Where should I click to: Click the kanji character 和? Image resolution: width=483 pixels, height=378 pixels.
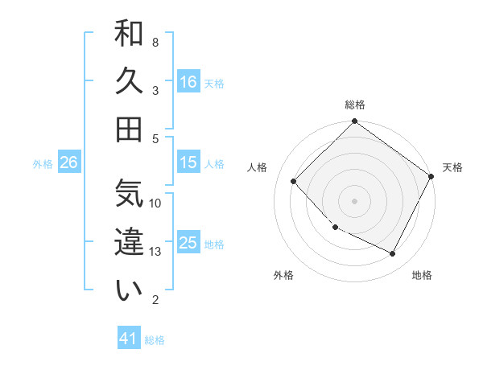pos(130,35)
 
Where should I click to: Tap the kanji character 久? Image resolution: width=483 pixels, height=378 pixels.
pos(130,82)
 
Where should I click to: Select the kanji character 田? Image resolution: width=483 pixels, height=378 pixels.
pos(130,129)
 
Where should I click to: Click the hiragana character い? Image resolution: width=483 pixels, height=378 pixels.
pos(130,290)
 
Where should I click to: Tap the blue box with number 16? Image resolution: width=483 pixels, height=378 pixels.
pos(188,81)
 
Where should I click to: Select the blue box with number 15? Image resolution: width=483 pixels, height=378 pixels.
pos(188,162)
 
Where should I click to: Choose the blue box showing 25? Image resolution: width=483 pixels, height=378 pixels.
pos(188,243)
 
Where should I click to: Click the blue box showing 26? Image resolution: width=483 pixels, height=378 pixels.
pos(68,162)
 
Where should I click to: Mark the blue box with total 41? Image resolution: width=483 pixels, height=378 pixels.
pos(129,339)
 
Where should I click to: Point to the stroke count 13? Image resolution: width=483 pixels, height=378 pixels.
pos(156,252)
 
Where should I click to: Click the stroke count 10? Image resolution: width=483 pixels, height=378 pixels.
pos(156,203)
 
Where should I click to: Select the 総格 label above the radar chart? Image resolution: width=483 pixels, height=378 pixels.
pos(354,105)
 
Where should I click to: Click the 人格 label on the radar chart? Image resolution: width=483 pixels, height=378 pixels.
pos(258,167)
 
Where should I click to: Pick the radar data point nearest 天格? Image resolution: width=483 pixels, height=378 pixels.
pos(431,176)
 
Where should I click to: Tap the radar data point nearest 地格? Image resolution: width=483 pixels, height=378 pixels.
pos(393,254)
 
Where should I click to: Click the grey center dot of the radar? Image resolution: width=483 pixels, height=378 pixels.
pos(354,201)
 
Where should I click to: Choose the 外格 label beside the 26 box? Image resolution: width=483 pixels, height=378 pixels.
pos(43,163)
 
